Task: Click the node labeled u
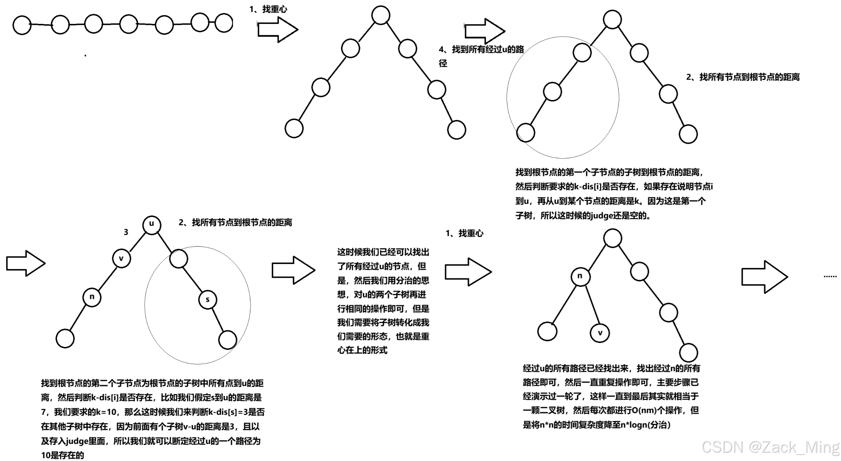point(151,224)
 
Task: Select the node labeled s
point(208,299)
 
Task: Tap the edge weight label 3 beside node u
point(126,232)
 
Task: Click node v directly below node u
point(121,259)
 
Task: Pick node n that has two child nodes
point(580,276)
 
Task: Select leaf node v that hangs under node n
point(600,333)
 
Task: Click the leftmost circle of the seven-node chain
point(22,25)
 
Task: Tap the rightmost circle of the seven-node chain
point(224,23)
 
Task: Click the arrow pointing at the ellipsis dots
point(764,277)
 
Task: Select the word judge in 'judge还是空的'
point(601,216)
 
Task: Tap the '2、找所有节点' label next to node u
point(235,223)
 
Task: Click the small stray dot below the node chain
point(86,55)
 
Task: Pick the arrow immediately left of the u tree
point(26,263)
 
